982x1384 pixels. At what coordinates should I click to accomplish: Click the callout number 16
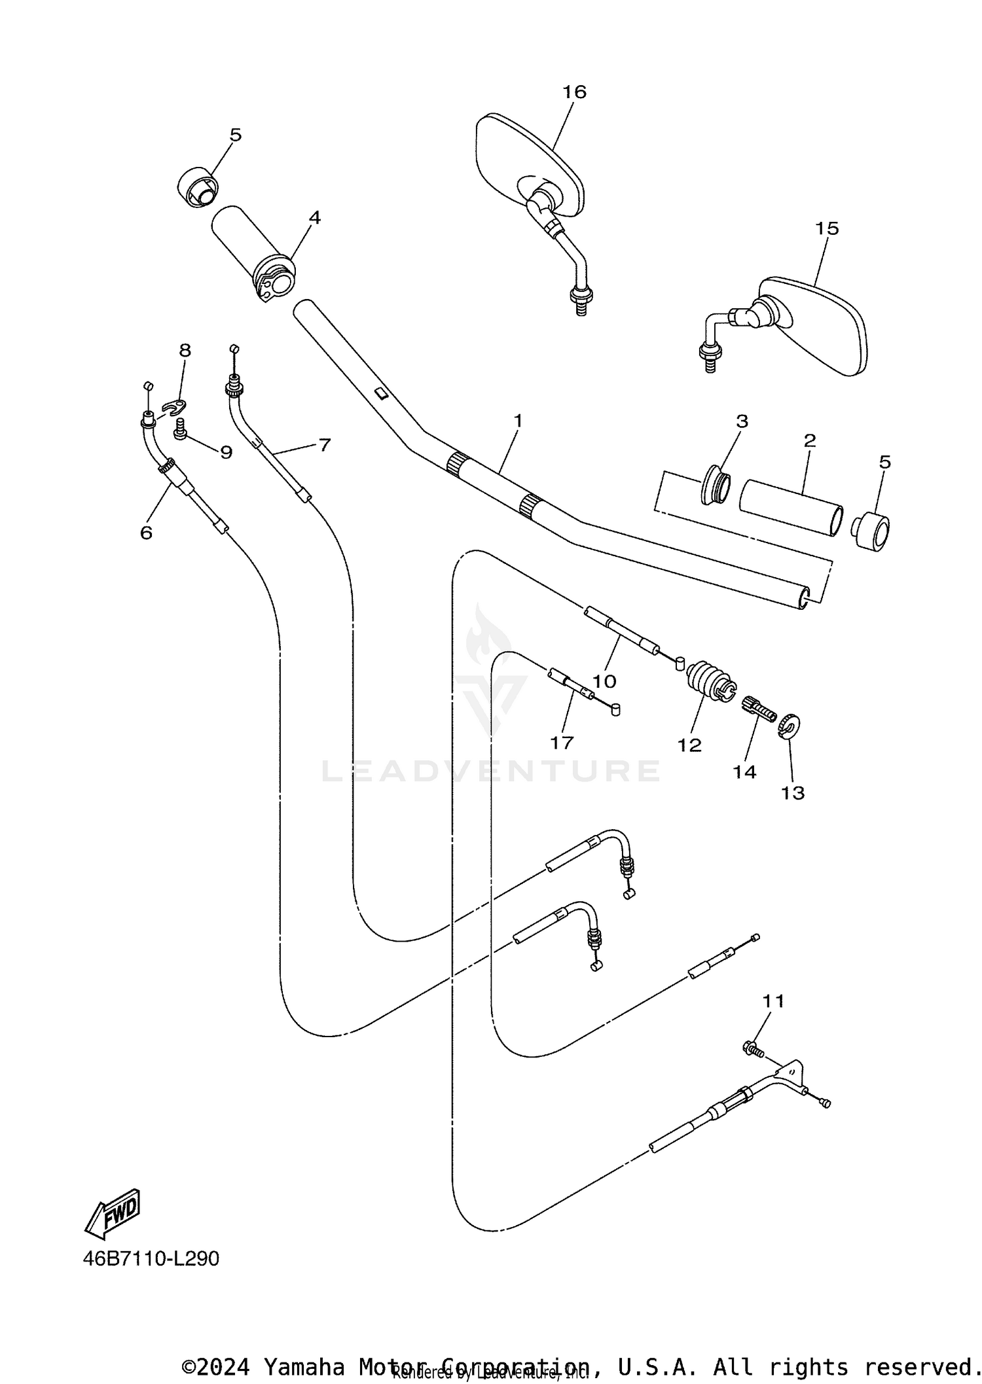pyautogui.click(x=574, y=92)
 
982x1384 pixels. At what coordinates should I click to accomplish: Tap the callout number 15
pyautogui.click(x=827, y=228)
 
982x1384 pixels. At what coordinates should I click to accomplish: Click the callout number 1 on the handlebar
pyautogui.click(x=518, y=421)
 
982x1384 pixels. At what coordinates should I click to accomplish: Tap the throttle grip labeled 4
pyautogui.click(x=252, y=252)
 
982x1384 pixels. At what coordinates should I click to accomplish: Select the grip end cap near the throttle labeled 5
pyautogui.click(x=197, y=188)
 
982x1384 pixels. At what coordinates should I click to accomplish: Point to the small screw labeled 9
pyautogui.click(x=180, y=429)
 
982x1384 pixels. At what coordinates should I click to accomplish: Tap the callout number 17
pyautogui.click(x=562, y=743)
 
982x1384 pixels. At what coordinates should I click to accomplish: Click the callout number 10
pyautogui.click(x=604, y=681)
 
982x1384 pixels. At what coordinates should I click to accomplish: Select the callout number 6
pyautogui.click(x=146, y=533)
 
